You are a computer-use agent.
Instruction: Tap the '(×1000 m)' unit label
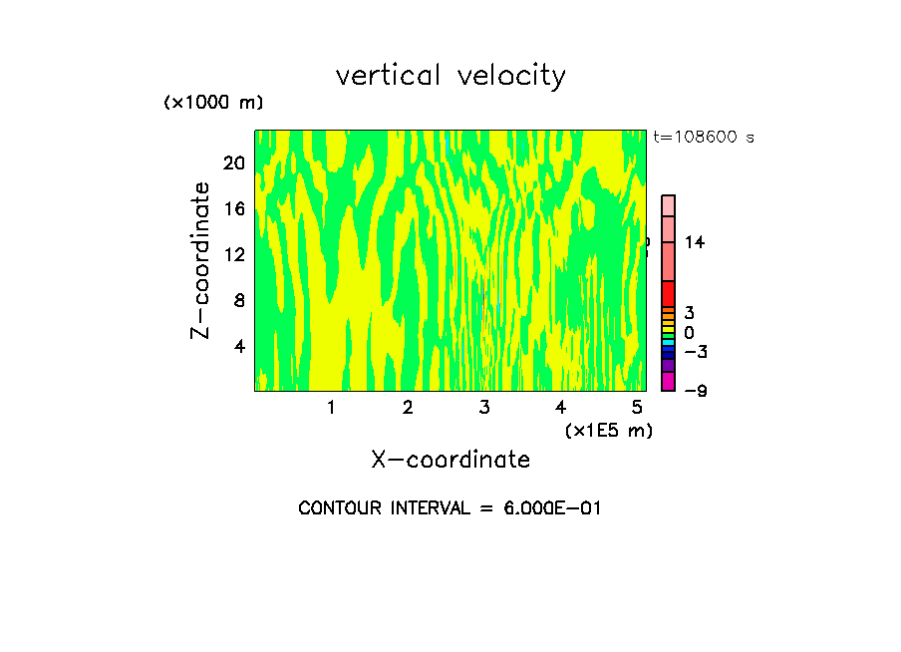click(212, 103)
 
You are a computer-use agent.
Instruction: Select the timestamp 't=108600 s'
click(704, 137)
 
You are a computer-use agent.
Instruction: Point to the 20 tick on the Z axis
click(233, 163)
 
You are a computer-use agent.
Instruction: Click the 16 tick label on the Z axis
click(233, 208)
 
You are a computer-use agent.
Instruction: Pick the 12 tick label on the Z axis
click(233, 254)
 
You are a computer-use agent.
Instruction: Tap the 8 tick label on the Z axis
click(238, 300)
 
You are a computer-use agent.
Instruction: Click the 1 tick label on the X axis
click(331, 407)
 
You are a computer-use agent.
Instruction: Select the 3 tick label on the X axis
click(483, 407)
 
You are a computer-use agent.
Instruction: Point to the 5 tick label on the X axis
click(637, 407)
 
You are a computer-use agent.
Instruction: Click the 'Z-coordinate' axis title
click(201, 260)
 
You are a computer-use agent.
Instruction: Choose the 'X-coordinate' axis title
click(450, 460)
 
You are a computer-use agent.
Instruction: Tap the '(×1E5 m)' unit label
click(608, 430)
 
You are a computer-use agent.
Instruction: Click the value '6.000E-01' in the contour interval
click(551, 508)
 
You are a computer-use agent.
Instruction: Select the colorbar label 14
click(695, 242)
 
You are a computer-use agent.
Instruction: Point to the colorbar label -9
click(695, 390)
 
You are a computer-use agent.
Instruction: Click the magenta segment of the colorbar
click(669, 381)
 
